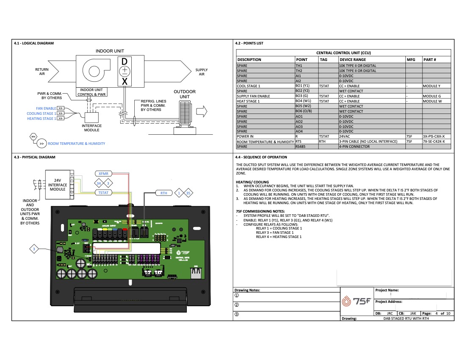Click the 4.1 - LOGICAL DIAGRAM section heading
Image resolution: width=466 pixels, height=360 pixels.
[x=34, y=43]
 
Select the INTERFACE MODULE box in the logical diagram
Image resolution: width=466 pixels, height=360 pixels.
[x=92, y=118]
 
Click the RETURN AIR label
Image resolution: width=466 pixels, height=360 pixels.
[x=42, y=72]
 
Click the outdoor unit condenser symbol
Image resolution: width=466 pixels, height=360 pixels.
[x=186, y=113]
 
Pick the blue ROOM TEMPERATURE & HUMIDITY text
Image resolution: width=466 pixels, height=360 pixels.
[x=76, y=144]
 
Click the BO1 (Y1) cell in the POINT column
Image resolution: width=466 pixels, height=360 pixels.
[x=302, y=86]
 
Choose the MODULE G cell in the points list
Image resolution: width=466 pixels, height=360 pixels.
[x=432, y=96]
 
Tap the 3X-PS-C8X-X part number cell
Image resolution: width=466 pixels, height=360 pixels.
[x=434, y=136]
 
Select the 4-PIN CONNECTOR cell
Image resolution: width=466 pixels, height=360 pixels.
[x=354, y=147]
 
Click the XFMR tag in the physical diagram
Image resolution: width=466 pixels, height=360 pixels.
[x=103, y=174]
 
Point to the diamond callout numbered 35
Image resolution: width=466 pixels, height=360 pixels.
[x=188, y=193]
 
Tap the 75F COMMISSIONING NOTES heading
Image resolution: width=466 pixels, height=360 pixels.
[x=260, y=211]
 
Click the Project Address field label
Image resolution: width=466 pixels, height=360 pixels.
[x=388, y=302]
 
